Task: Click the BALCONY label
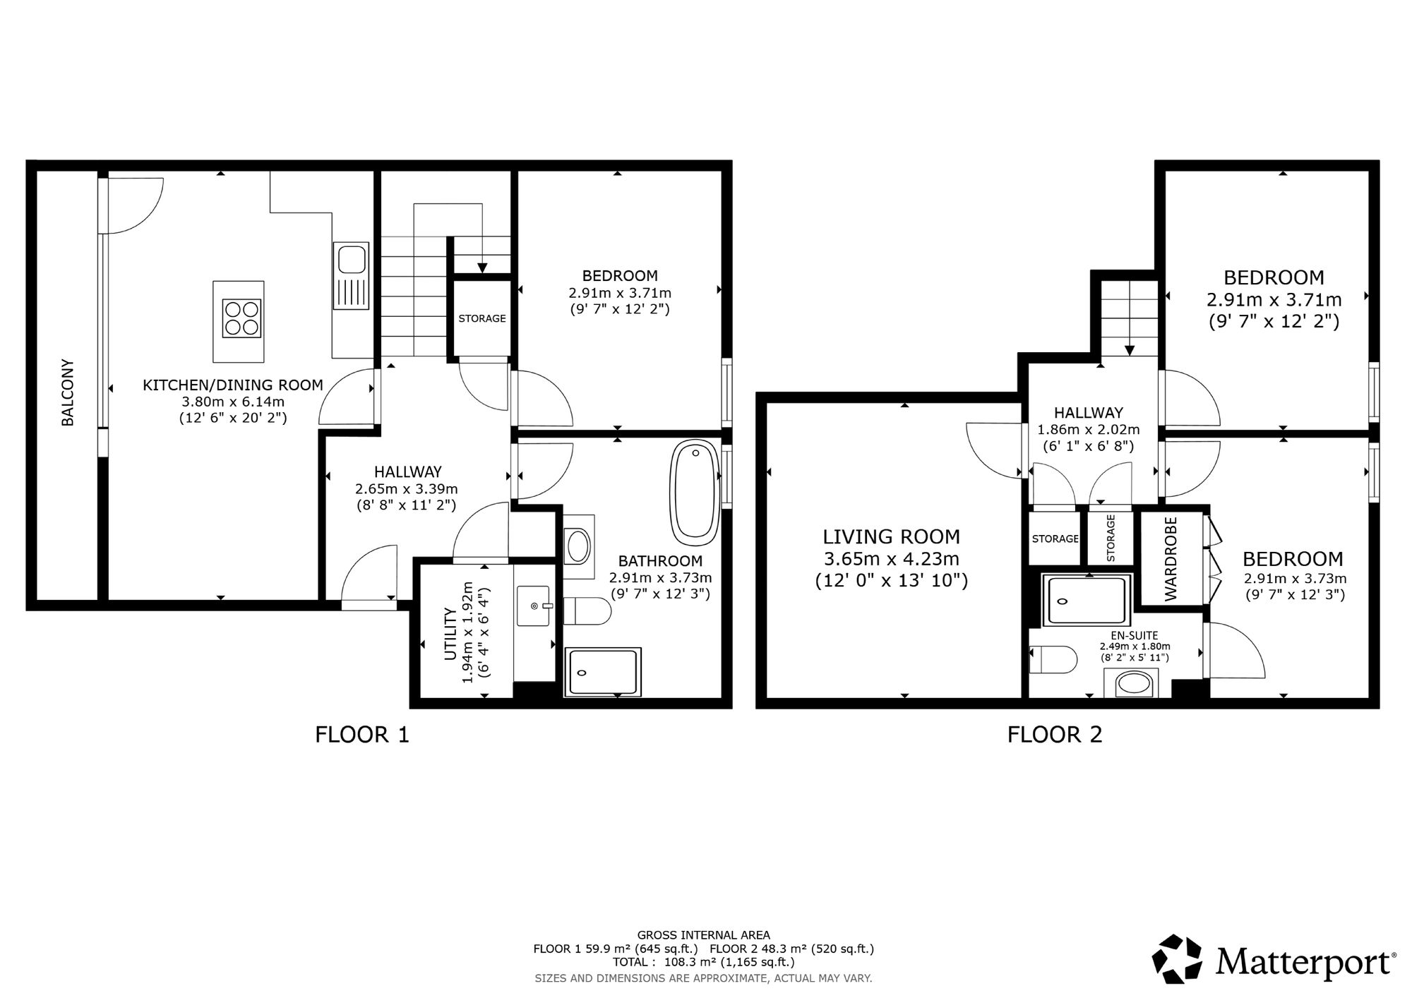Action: tap(68, 393)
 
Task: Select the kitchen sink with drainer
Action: tap(351, 275)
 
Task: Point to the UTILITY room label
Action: tap(450, 633)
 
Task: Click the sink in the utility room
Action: tap(533, 606)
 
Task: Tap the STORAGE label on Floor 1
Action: tap(482, 318)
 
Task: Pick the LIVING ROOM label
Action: tap(892, 537)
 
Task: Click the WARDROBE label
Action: tap(1171, 559)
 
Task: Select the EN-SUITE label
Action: tap(1135, 636)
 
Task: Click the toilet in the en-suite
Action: tap(1053, 661)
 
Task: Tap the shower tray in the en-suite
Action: tap(1087, 601)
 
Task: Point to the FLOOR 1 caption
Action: tap(362, 735)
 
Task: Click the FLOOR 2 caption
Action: tap(1055, 735)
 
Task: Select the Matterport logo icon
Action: tap(1177, 958)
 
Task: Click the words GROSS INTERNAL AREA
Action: tap(704, 935)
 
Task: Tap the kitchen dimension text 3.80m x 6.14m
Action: tap(233, 402)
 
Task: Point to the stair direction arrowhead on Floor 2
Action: tap(1130, 349)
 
